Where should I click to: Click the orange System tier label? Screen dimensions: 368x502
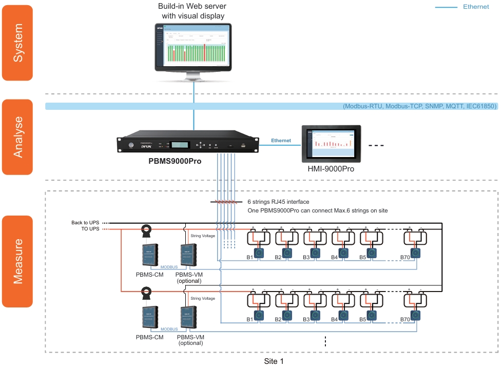[17, 43]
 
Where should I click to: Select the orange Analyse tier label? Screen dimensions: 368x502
[17, 137]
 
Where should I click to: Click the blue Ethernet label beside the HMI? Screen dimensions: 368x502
[280, 141]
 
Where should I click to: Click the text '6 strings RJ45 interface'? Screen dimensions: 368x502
[278, 202]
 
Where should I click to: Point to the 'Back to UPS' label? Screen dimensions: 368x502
[86, 223]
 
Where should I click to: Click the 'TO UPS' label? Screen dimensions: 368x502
[89, 229]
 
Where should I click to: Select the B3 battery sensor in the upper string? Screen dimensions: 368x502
[315, 253]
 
